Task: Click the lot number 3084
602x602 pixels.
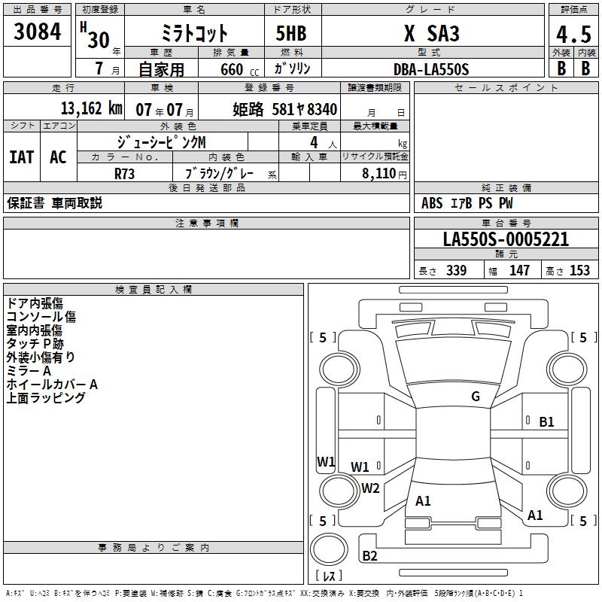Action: click(x=37, y=32)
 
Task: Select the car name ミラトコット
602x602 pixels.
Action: click(x=194, y=34)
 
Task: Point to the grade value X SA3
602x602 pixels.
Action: click(x=431, y=34)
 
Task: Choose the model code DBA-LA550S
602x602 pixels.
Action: click(x=431, y=69)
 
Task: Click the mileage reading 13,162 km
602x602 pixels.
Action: click(x=90, y=108)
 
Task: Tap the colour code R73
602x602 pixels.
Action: click(x=125, y=172)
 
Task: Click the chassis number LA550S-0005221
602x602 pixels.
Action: click(x=506, y=239)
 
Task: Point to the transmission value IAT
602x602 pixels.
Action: click(x=22, y=157)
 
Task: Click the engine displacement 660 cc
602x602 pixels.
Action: click(x=239, y=69)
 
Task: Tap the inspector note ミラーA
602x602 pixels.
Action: click(x=29, y=371)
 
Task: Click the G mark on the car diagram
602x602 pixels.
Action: click(x=475, y=397)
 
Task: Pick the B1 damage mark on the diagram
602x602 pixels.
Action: click(x=546, y=422)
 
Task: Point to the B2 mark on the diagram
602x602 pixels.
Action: click(x=369, y=556)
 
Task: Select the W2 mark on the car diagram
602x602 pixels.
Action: click(x=370, y=488)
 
